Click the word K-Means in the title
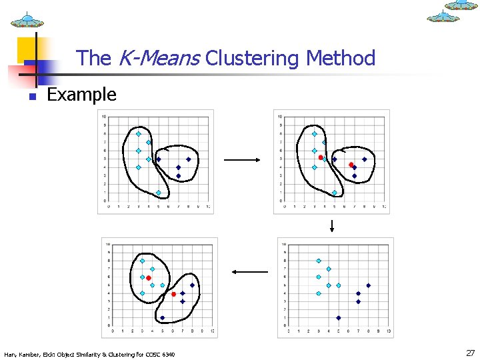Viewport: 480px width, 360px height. point(158,59)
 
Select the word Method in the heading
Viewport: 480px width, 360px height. point(341,59)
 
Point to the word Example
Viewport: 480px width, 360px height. point(81,95)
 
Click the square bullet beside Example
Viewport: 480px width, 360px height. point(31,97)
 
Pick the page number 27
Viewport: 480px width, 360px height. point(470,353)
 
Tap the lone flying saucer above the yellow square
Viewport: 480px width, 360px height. point(27,19)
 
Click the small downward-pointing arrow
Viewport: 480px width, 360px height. point(331,226)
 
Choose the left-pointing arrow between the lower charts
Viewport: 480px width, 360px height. point(249,271)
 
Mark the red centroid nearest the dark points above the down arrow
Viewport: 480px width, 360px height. point(351,165)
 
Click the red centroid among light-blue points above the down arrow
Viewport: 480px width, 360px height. point(321,157)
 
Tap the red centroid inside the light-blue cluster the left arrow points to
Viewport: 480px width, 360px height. point(149,278)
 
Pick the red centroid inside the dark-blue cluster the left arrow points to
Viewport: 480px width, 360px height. point(173,294)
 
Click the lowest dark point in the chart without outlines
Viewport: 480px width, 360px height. point(339,318)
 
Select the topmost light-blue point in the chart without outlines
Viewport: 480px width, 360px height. point(319,261)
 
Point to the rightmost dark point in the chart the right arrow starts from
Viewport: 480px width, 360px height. point(188,159)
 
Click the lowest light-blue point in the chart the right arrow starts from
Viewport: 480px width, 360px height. point(158,193)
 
